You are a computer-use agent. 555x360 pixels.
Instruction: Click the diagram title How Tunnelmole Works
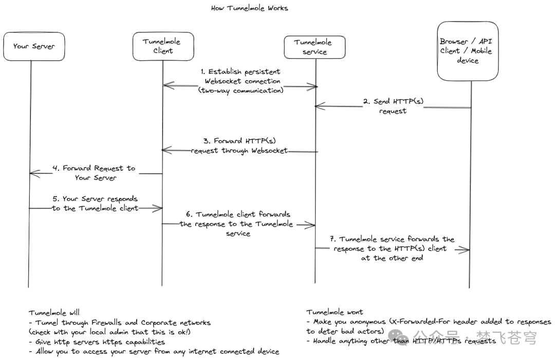(x=249, y=8)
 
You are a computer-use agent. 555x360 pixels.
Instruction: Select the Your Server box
(x=34, y=46)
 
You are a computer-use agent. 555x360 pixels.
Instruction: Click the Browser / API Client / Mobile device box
(x=468, y=51)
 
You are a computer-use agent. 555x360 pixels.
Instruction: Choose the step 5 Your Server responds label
(x=95, y=203)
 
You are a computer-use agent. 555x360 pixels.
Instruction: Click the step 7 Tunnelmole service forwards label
(x=393, y=248)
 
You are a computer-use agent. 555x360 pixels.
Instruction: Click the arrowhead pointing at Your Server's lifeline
(x=33, y=173)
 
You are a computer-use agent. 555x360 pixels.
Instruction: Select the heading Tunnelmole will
(x=54, y=313)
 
